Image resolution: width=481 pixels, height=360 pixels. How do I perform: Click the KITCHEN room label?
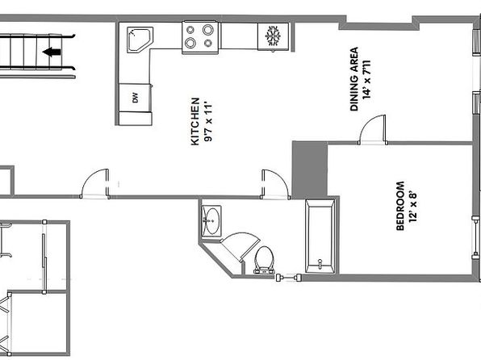pos(195,121)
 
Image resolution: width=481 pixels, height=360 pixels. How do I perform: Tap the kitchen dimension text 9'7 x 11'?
pos(208,123)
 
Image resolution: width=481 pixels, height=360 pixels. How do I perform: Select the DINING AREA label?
pos(354,78)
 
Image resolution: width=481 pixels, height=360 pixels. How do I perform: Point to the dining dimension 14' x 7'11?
pos(366,80)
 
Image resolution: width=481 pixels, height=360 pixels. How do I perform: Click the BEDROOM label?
pos(400,206)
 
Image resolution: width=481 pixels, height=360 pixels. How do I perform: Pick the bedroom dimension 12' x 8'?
pos(413,207)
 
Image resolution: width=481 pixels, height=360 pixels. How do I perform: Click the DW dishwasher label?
pos(135,98)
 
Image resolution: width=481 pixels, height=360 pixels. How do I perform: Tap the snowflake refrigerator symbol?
pos(273,36)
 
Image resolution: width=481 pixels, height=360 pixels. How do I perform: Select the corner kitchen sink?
pos(140,40)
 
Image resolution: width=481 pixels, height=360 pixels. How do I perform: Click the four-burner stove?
pos(200,37)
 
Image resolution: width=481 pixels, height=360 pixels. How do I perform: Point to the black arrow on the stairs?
pos(52,52)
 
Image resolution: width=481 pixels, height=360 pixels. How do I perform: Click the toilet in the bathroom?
pos(264,260)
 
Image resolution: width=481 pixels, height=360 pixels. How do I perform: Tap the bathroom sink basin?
pos(211,221)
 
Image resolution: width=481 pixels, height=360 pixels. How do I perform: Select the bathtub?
pos(320,237)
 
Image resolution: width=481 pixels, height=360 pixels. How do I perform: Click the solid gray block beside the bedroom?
pos(310,170)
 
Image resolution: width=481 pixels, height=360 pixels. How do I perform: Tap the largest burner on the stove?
pos(207,30)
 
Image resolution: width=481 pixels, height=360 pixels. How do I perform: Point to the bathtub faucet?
pos(320,264)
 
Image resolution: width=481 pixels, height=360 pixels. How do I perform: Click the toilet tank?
pos(264,271)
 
